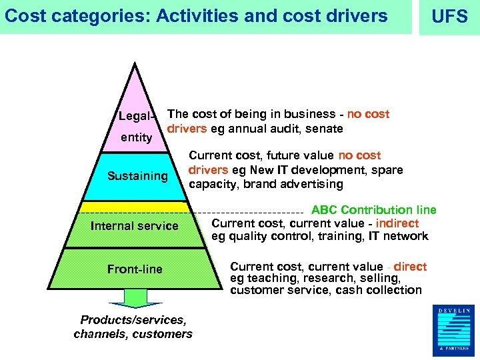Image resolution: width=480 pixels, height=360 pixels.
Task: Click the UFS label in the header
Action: point(450,17)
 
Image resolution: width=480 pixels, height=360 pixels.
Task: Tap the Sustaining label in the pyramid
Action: point(137,176)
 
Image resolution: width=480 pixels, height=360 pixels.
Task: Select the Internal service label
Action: point(134,226)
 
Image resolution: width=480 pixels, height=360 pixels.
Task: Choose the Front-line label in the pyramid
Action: point(135,269)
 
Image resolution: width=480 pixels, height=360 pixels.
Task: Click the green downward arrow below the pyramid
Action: point(135,298)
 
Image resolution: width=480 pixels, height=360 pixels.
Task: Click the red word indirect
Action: point(397,223)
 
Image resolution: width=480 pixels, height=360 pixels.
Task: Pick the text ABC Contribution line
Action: point(374,210)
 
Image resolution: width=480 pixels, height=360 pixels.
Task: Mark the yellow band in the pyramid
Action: point(133,207)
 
